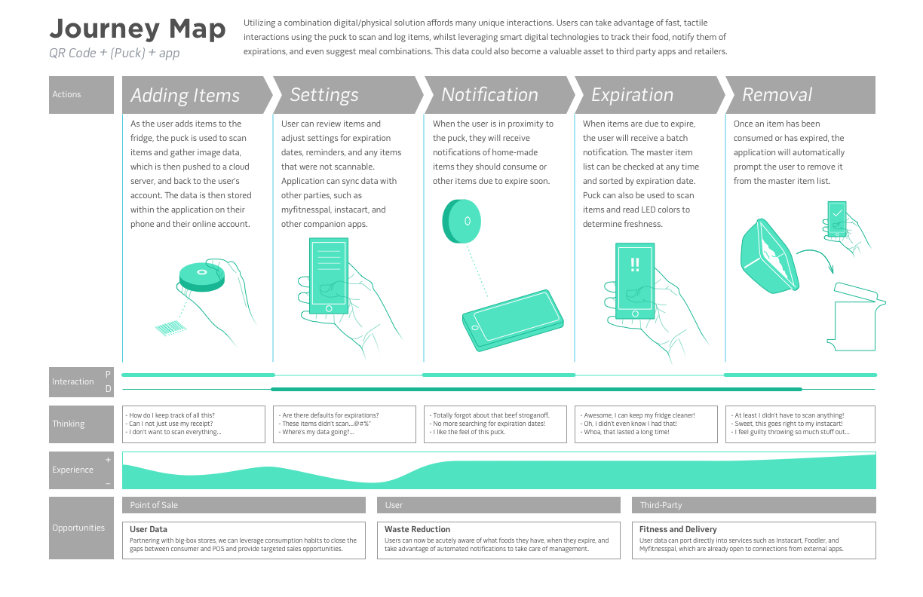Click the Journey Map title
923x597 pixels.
pyautogui.click(x=137, y=29)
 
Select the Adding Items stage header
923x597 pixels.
pyautogui.click(x=185, y=95)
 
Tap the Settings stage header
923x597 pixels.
pyautogui.click(x=324, y=95)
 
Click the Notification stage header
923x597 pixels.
pyautogui.click(x=489, y=95)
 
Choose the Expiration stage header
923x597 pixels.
pyautogui.click(x=632, y=95)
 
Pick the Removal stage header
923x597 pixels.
pyautogui.click(x=777, y=95)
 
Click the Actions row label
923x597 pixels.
pyautogui.click(x=66, y=95)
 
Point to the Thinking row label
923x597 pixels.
pyautogui.click(x=68, y=424)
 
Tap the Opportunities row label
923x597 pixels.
pyautogui.click(x=78, y=528)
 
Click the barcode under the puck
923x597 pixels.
pyautogui.click(x=170, y=328)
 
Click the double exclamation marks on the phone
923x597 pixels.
pyautogui.click(x=634, y=265)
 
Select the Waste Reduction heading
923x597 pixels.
pyautogui.click(x=417, y=529)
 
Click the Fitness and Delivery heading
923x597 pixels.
pyautogui.click(x=678, y=529)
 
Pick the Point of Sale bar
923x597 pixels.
pyautogui.click(x=244, y=505)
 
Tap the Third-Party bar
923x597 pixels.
pyautogui.click(x=753, y=505)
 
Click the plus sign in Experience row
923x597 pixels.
pyautogui.click(x=108, y=460)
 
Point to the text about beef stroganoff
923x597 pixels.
pyautogui.click(x=490, y=415)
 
